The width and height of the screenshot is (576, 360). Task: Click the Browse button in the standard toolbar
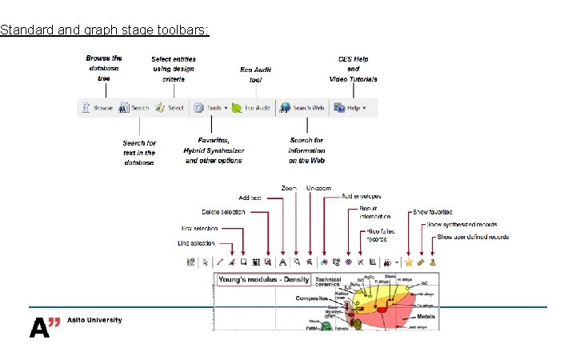(97, 108)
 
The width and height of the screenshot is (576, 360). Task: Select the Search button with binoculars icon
(134, 108)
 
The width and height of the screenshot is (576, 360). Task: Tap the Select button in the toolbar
(170, 108)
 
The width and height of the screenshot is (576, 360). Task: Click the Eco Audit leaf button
(252, 108)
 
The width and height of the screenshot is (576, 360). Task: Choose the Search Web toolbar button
(302, 108)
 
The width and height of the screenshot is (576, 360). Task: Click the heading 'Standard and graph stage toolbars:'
(105, 30)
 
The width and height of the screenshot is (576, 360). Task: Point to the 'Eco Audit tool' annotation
(255, 74)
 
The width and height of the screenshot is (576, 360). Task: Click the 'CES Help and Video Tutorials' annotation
(353, 69)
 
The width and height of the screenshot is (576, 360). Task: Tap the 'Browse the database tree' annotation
(105, 69)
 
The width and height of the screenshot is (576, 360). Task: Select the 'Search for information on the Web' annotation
(306, 150)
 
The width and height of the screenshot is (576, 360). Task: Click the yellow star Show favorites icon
(409, 262)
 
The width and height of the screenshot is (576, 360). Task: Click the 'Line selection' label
(196, 243)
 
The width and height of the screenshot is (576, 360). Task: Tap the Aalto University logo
(76, 323)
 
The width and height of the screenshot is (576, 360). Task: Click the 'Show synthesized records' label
(462, 225)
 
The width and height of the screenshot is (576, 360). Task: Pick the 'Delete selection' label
(223, 212)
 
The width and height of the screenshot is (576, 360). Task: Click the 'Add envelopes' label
(362, 196)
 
